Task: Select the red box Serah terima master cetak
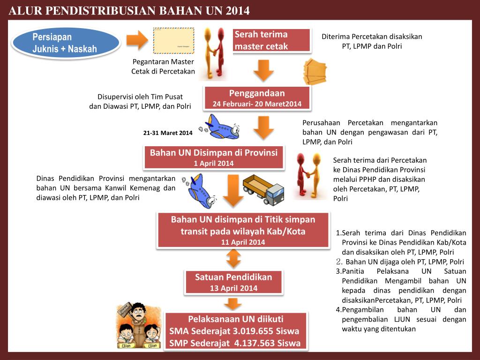click(x=272, y=40)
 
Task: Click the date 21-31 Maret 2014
click(x=168, y=133)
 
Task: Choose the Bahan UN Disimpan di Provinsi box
click(x=214, y=157)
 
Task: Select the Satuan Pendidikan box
click(x=233, y=282)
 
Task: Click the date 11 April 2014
click(x=243, y=242)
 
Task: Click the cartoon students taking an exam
click(x=139, y=326)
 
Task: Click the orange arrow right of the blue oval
click(x=137, y=41)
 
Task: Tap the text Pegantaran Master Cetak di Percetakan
click(x=163, y=66)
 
